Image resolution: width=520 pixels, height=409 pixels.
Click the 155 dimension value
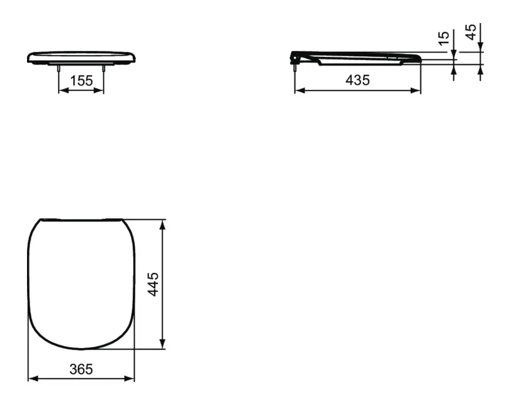point(81,80)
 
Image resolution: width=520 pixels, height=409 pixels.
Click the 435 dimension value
point(357,80)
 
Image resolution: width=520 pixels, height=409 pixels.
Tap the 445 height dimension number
point(153,284)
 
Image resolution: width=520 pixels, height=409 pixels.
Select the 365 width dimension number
point(81,369)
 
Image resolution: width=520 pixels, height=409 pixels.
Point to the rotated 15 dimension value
point(443,38)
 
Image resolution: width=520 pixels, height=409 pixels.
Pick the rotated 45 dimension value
point(471,32)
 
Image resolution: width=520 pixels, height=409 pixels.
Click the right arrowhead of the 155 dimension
point(98,90)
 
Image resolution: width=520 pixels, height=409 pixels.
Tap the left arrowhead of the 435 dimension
point(300,90)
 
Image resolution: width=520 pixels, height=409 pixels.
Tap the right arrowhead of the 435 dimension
point(415,90)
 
